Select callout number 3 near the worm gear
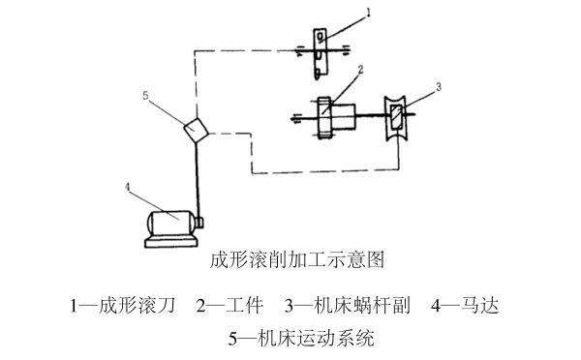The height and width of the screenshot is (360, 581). point(438,86)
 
